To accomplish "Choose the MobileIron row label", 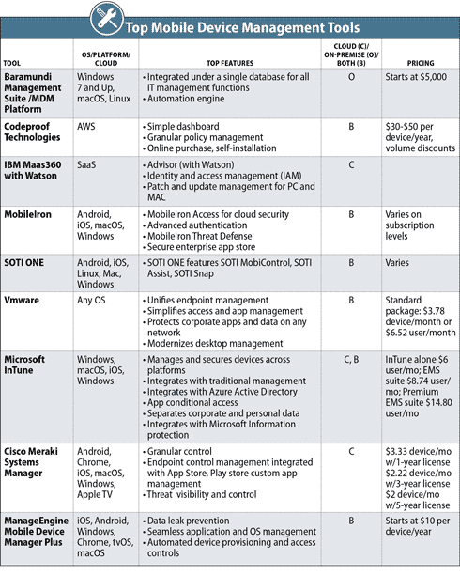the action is pos(31,215).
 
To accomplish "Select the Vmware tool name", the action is pos(23,299).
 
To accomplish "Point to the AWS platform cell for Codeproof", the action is pos(90,123).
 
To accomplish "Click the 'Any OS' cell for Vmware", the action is pos(95,299).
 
